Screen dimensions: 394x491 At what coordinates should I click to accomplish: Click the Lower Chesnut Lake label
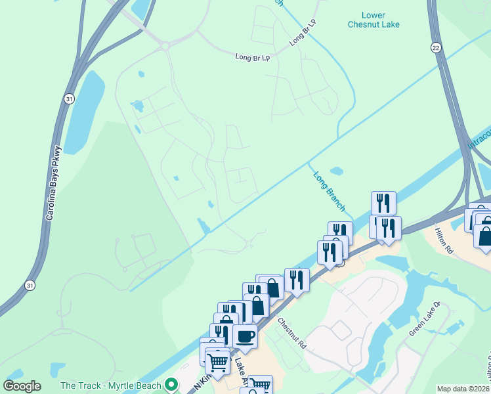click(x=381, y=20)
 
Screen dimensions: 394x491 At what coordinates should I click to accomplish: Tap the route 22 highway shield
click(x=436, y=47)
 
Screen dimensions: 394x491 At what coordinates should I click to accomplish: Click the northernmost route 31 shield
click(x=69, y=98)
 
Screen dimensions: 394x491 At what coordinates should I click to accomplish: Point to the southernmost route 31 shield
click(x=29, y=285)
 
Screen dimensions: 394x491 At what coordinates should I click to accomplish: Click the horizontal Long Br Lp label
click(x=253, y=58)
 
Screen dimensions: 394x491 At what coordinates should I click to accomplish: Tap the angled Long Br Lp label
click(x=303, y=32)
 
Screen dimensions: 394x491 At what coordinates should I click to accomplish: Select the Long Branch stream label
click(x=329, y=191)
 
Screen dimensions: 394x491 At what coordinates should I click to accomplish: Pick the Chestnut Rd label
click(x=292, y=334)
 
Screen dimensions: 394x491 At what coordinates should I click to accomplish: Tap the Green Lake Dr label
click(x=427, y=319)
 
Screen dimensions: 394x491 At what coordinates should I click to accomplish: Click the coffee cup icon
click(x=245, y=336)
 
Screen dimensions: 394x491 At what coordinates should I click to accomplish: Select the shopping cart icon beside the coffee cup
click(x=217, y=361)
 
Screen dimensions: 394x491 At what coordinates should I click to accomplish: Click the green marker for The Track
click(x=172, y=385)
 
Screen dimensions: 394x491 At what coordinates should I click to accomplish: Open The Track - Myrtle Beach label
click(x=110, y=385)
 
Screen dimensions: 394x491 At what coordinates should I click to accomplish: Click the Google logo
click(x=22, y=386)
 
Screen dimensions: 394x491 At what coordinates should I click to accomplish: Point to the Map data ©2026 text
click(x=462, y=389)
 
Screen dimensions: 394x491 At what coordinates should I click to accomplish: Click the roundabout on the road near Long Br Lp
click(x=165, y=46)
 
